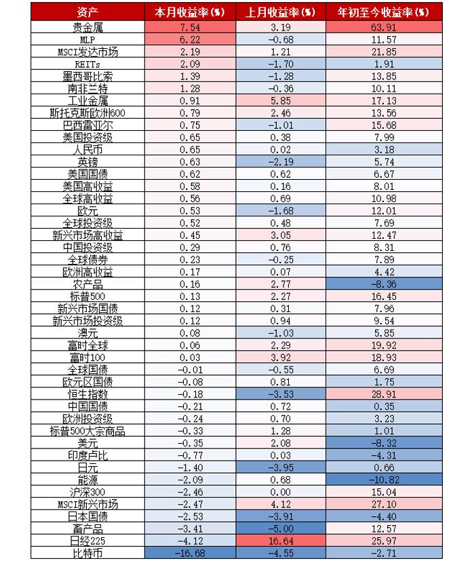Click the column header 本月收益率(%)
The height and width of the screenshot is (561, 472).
[x=190, y=12]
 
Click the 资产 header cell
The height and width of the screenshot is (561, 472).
[x=88, y=12]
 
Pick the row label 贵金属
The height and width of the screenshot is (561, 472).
[x=88, y=27]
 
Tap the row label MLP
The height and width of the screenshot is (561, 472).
[x=88, y=39]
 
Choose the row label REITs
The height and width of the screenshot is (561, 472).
[x=88, y=64]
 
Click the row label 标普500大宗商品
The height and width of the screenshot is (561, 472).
[x=88, y=431]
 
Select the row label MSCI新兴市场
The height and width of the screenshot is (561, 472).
[x=88, y=504]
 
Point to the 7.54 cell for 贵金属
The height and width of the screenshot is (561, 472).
[x=190, y=27]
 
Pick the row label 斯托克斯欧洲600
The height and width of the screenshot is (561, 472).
[x=88, y=113]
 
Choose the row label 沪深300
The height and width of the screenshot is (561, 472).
[x=88, y=492]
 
